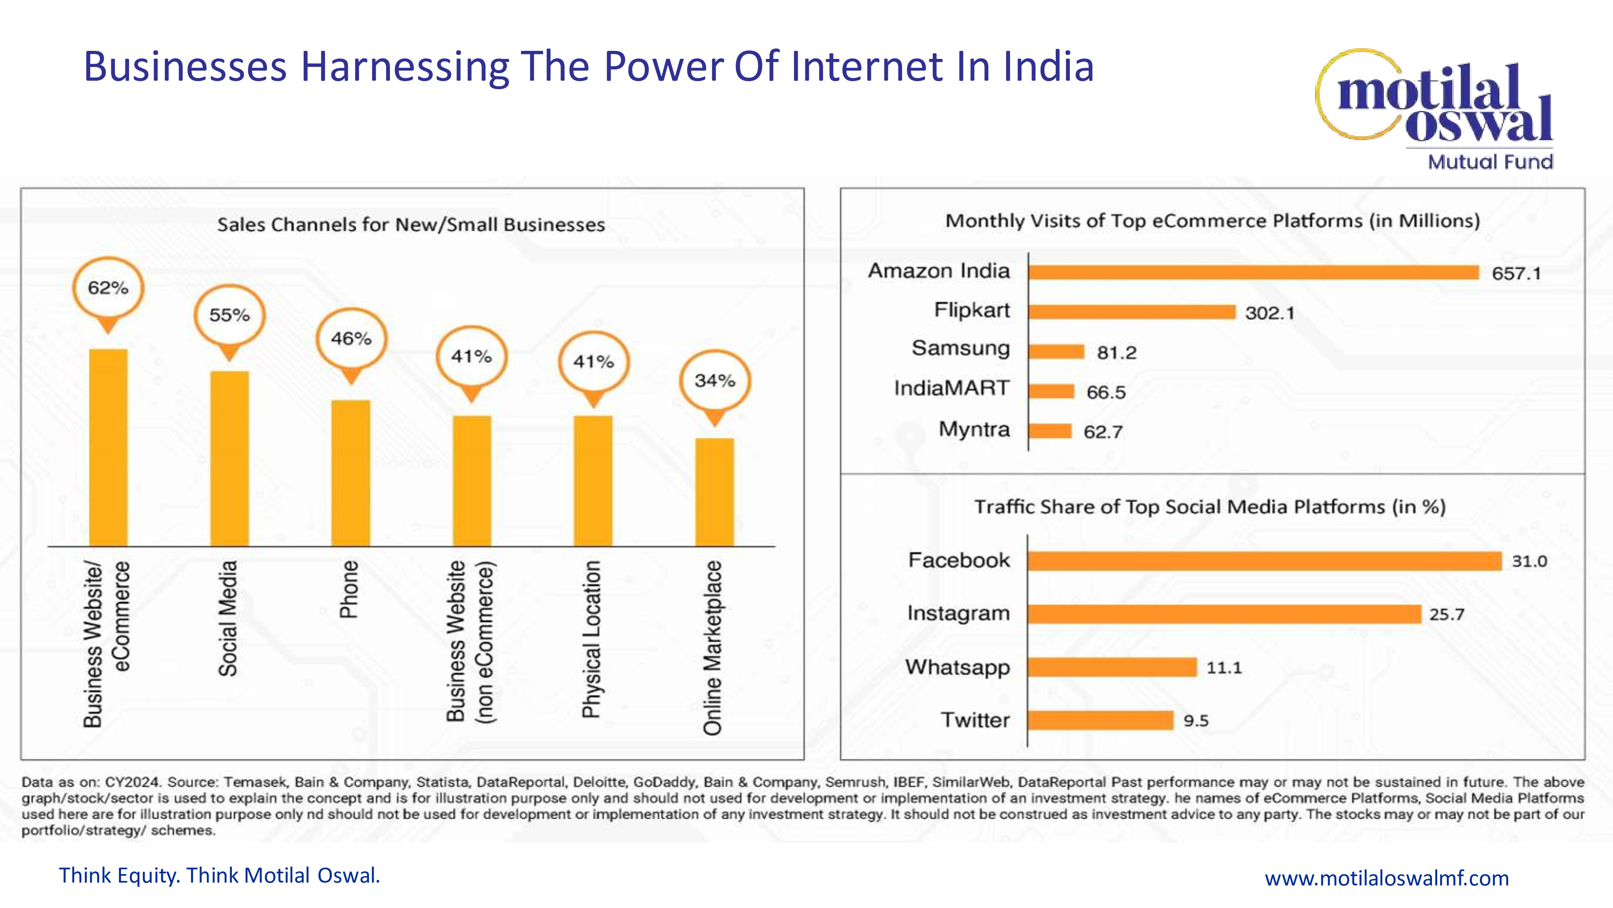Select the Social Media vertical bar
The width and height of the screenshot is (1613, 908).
(229, 459)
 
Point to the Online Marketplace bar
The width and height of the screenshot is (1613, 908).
(715, 492)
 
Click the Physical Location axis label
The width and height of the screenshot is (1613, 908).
(591, 638)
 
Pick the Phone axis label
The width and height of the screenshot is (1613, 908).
(349, 589)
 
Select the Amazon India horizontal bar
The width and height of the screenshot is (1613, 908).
(1254, 272)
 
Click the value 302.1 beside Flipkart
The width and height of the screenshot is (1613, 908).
(1269, 313)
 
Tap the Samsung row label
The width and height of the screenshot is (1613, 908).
(961, 348)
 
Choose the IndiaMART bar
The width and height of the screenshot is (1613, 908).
(1051, 391)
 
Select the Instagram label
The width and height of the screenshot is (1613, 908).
(959, 613)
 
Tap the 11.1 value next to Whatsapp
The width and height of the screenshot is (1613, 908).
(1224, 667)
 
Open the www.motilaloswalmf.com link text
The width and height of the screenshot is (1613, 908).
(1387, 878)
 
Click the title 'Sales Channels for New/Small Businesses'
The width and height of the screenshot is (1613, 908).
(411, 224)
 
